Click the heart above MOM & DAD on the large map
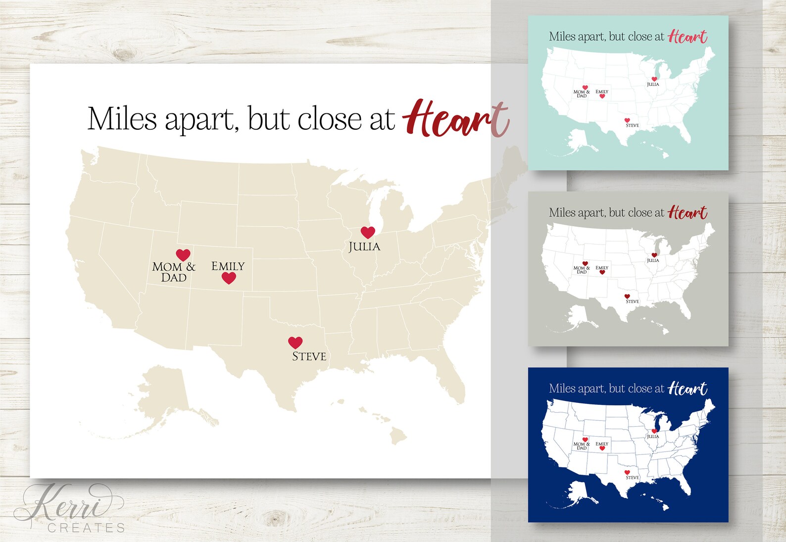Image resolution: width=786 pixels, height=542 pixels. click(183, 254)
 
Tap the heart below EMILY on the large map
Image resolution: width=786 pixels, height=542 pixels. click(229, 278)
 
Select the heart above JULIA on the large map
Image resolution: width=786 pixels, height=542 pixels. click(368, 232)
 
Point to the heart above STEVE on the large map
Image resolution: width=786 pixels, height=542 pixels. click(295, 342)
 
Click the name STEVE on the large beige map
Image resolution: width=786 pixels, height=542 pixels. click(309, 356)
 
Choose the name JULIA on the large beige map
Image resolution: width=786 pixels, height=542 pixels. click(364, 246)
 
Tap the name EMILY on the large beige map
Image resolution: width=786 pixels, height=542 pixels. click(228, 266)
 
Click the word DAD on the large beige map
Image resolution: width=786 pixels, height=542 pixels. click(174, 278)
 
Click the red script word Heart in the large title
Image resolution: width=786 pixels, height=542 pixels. click(455, 119)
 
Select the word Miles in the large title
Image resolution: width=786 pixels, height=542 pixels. click(122, 119)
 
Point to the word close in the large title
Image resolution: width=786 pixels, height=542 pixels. click(330, 119)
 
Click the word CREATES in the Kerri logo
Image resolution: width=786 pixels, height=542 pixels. click(86, 528)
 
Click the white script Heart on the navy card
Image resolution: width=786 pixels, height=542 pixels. click(688, 389)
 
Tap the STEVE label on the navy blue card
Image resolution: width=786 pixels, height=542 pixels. click(632, 478)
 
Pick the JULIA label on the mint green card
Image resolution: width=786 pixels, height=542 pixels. click(653, 85)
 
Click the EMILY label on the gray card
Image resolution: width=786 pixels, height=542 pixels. click(602, 268)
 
